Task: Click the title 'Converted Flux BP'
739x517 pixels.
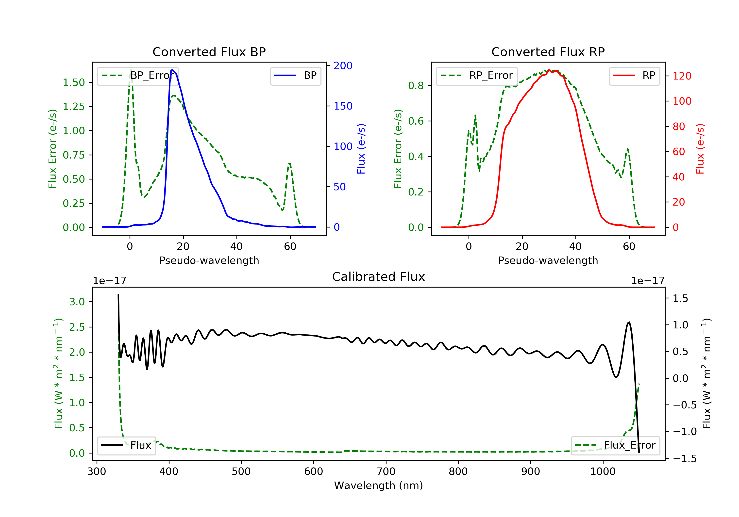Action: point(209,52)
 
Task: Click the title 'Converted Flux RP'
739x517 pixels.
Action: point(548,52)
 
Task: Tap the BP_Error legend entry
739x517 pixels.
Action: point(138,76)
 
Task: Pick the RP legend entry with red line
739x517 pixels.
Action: point(634,76)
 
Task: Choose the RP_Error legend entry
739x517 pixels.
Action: point(477,76)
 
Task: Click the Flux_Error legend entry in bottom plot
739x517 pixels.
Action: point(615,445)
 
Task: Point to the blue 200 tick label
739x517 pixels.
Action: point(343,66)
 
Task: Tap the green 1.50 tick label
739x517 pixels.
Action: point(73,82)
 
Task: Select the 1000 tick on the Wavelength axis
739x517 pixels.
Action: point(603,472)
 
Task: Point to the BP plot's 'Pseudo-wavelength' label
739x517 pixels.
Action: point(209,260)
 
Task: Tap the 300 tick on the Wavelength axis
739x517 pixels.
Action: point(97,472)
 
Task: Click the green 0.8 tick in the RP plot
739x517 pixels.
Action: point(416,86)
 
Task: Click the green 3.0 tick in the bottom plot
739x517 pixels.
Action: point(77,302)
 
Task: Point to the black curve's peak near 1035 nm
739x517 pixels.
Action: point(629,322)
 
